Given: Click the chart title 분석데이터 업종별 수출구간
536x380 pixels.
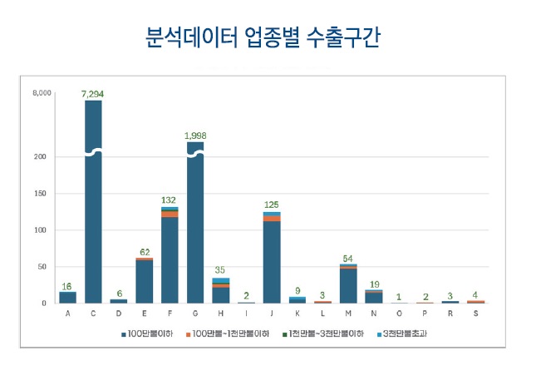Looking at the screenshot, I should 268,38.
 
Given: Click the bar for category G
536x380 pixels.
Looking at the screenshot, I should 195,225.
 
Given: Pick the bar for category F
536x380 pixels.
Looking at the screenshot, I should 170,258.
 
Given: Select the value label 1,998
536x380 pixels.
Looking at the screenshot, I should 195,134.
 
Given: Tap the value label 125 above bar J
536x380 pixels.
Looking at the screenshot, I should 272,205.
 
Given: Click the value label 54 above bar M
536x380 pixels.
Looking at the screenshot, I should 348,258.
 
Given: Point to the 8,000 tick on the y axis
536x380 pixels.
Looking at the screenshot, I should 42,93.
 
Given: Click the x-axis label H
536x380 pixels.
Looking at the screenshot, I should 220,313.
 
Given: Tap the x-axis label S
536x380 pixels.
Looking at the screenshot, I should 475,313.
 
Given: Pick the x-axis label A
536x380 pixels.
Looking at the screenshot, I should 67,313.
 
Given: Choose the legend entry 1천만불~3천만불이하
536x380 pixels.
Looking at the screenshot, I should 320,333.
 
